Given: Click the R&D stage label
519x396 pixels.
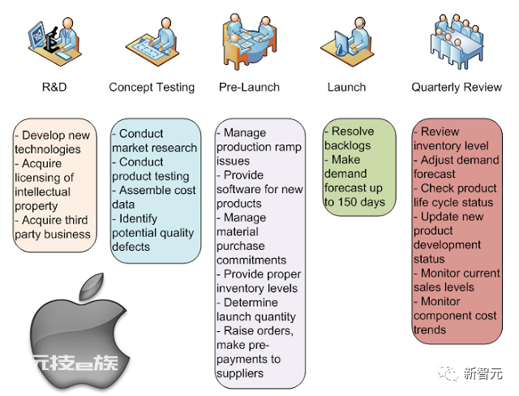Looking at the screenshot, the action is [x=54, y=87].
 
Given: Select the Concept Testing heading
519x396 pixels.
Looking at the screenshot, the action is [x=152, y=88].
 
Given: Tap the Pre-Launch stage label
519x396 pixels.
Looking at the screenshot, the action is [x=249, y=87].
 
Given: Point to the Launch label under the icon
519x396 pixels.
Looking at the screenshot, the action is [x=346, y=87].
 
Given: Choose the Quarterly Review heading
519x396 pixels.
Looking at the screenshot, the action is [x=457, y=88].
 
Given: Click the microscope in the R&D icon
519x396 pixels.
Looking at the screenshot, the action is [x=52, y=41].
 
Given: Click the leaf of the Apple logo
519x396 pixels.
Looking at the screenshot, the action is [x=91, y=286].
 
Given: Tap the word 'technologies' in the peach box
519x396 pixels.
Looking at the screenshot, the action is [x=48, y=149].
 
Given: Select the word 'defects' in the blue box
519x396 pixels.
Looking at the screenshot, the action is [x=131, y=247].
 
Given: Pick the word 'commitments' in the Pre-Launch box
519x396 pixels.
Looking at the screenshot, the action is [x=251, y=260].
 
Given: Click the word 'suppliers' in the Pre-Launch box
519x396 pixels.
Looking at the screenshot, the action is [x=240, y=374].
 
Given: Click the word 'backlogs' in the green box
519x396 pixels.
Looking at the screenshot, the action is [x=348, y=146].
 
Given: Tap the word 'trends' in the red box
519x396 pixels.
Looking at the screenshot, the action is [x=430, y=329].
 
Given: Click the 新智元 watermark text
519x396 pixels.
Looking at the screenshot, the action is [x=483, y=373].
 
